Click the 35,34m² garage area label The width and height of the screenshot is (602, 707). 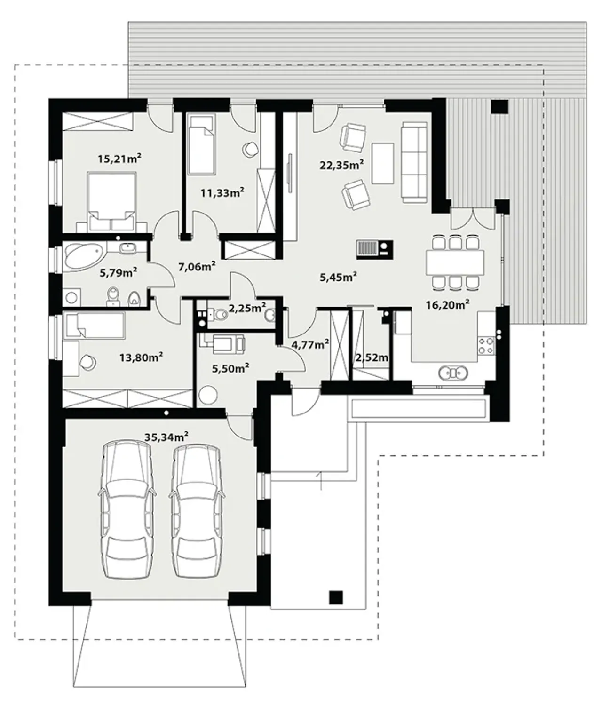[x=166, y=437]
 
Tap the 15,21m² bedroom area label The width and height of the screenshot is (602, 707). [x=120, y=159]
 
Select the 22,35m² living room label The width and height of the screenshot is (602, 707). [x=342, y=165]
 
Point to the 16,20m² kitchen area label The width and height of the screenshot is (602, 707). [x=447, y=304]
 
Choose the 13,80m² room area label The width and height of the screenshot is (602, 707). [x=141, y=357]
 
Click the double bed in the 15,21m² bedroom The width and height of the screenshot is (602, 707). [x=111, y=202]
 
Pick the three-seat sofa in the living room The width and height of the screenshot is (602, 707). [x=414, y=162]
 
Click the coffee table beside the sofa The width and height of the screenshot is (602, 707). [x=383, y=164]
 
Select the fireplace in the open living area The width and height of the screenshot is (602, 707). [x=375, y=250]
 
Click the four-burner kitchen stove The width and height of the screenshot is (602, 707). [x=486, y=345]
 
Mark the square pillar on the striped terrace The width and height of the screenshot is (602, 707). [x=499, y=107]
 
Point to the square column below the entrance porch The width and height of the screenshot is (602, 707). [x=336, y=597]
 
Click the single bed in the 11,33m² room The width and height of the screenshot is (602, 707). [x=202, y=145]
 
